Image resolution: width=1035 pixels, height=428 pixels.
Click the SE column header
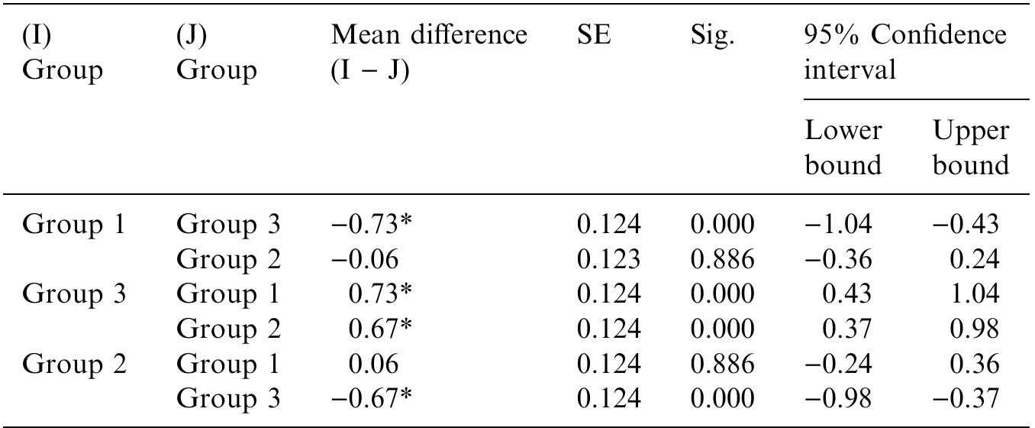point(595,37)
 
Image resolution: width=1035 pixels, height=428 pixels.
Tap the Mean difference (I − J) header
point(428,53)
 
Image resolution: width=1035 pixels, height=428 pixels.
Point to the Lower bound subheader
point(843,148)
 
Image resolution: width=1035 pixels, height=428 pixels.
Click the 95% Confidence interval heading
point(904,53)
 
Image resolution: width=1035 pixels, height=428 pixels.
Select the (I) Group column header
point(62,53)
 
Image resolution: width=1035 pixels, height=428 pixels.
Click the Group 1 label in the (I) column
point(73,225)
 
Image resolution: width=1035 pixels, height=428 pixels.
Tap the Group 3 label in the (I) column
point(73,294)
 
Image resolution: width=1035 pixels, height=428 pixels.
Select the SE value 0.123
point(608,260)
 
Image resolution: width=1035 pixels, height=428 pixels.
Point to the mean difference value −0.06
point(364,260)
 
